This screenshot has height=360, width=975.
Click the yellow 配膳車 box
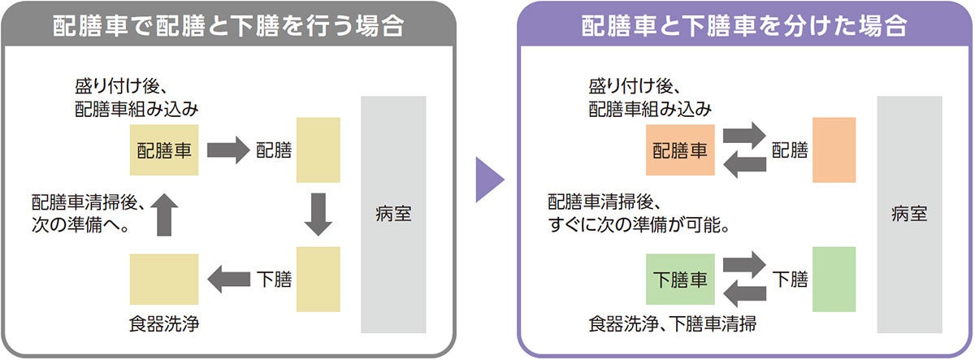click(164, 150)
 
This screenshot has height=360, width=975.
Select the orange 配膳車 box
click(681, 150)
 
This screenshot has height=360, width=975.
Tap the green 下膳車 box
click(681, 280)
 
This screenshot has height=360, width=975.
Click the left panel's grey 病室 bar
click(393, 215)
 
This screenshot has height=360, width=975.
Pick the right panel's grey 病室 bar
click(909, 215)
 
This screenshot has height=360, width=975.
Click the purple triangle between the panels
click(489, 179)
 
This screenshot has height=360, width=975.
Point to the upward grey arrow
click(164, 215)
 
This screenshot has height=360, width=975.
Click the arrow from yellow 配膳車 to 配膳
click(227, 150)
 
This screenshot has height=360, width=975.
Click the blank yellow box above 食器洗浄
click(164, 280)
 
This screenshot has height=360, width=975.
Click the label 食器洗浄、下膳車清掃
click(673, 326)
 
